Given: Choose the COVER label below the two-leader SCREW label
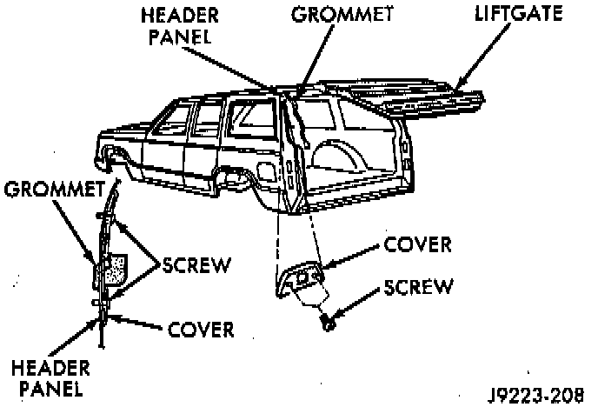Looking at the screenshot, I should tap(202, 330).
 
